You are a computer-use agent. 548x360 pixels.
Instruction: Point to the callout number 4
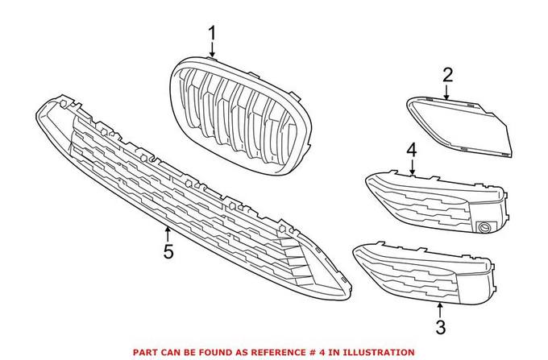(x=411, y=150)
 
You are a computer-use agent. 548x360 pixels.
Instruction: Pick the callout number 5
(x=168, y=252)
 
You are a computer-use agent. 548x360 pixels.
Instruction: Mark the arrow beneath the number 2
(x=448, y=92)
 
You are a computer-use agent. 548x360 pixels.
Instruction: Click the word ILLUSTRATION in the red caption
(x=379, y=352)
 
